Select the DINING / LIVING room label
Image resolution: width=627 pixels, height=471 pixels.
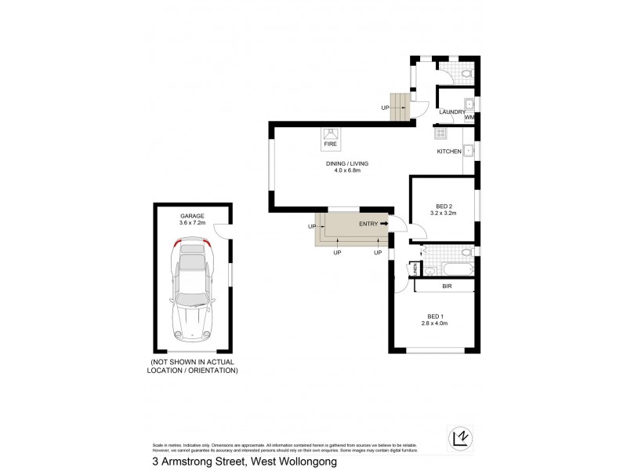tap(347, 163)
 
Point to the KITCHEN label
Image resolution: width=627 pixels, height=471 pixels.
tap(449, 152)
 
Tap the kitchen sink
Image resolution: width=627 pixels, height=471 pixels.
tap(468, 150)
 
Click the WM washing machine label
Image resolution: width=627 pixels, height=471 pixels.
tap(469, 118)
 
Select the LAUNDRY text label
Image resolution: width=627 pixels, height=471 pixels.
tap(452, 112)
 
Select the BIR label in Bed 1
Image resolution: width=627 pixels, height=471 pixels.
tap(447, 287)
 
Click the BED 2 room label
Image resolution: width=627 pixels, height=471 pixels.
tap(444, 206)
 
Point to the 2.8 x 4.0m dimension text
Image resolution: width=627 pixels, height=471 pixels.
tap(433, 323)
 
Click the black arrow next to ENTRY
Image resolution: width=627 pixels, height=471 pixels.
tap(385, 224)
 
